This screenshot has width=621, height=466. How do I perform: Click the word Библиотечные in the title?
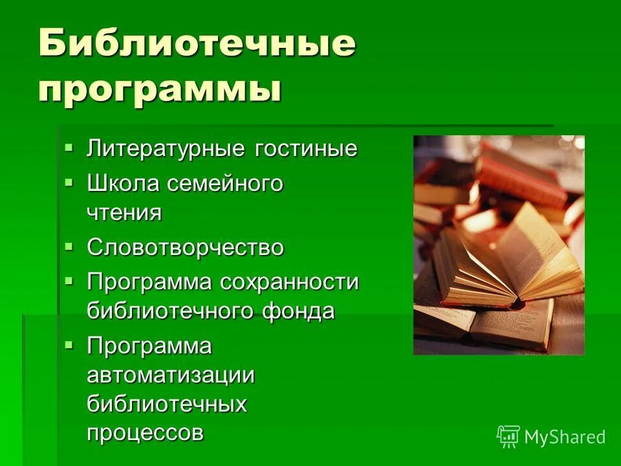pyautogui.click(x=197, y=45)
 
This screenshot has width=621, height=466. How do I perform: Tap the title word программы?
pyautogui.click(x=160, y=89)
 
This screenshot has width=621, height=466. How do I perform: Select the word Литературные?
pyautogui.click(x=166, y=149)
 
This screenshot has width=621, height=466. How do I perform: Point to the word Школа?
pyautogui.click(x=123, y=184)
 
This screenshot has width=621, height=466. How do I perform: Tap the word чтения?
pyautogui.click(x=124, y=213)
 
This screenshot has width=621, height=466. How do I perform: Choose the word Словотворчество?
pyautogui.click(x=186, y=248)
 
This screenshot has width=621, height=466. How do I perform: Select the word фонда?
pyautogui.click(x=298, y=311)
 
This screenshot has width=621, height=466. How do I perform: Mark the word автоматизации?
pyautogui.click(x=171, y=376)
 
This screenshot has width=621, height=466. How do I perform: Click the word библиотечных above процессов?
pyautogui.click(x=168, y=405)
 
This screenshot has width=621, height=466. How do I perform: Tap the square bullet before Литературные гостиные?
pyautogui.click(x=70, y=149)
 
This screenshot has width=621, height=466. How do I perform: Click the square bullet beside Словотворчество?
pyautogui.click(x=70, y=247)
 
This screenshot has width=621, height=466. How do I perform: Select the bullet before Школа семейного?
pyautogui.click(x=70, y=184)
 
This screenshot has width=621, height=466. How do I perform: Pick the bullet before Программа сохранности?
pyautogui.click(x=70, y=282)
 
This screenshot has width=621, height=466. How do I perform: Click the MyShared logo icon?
pyautogui.click(x=508, y=437)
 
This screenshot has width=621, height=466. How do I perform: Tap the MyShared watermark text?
pyautogui.click(x=565, y=438)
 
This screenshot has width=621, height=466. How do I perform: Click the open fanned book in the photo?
pyautogui.click(x=511, y=259)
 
